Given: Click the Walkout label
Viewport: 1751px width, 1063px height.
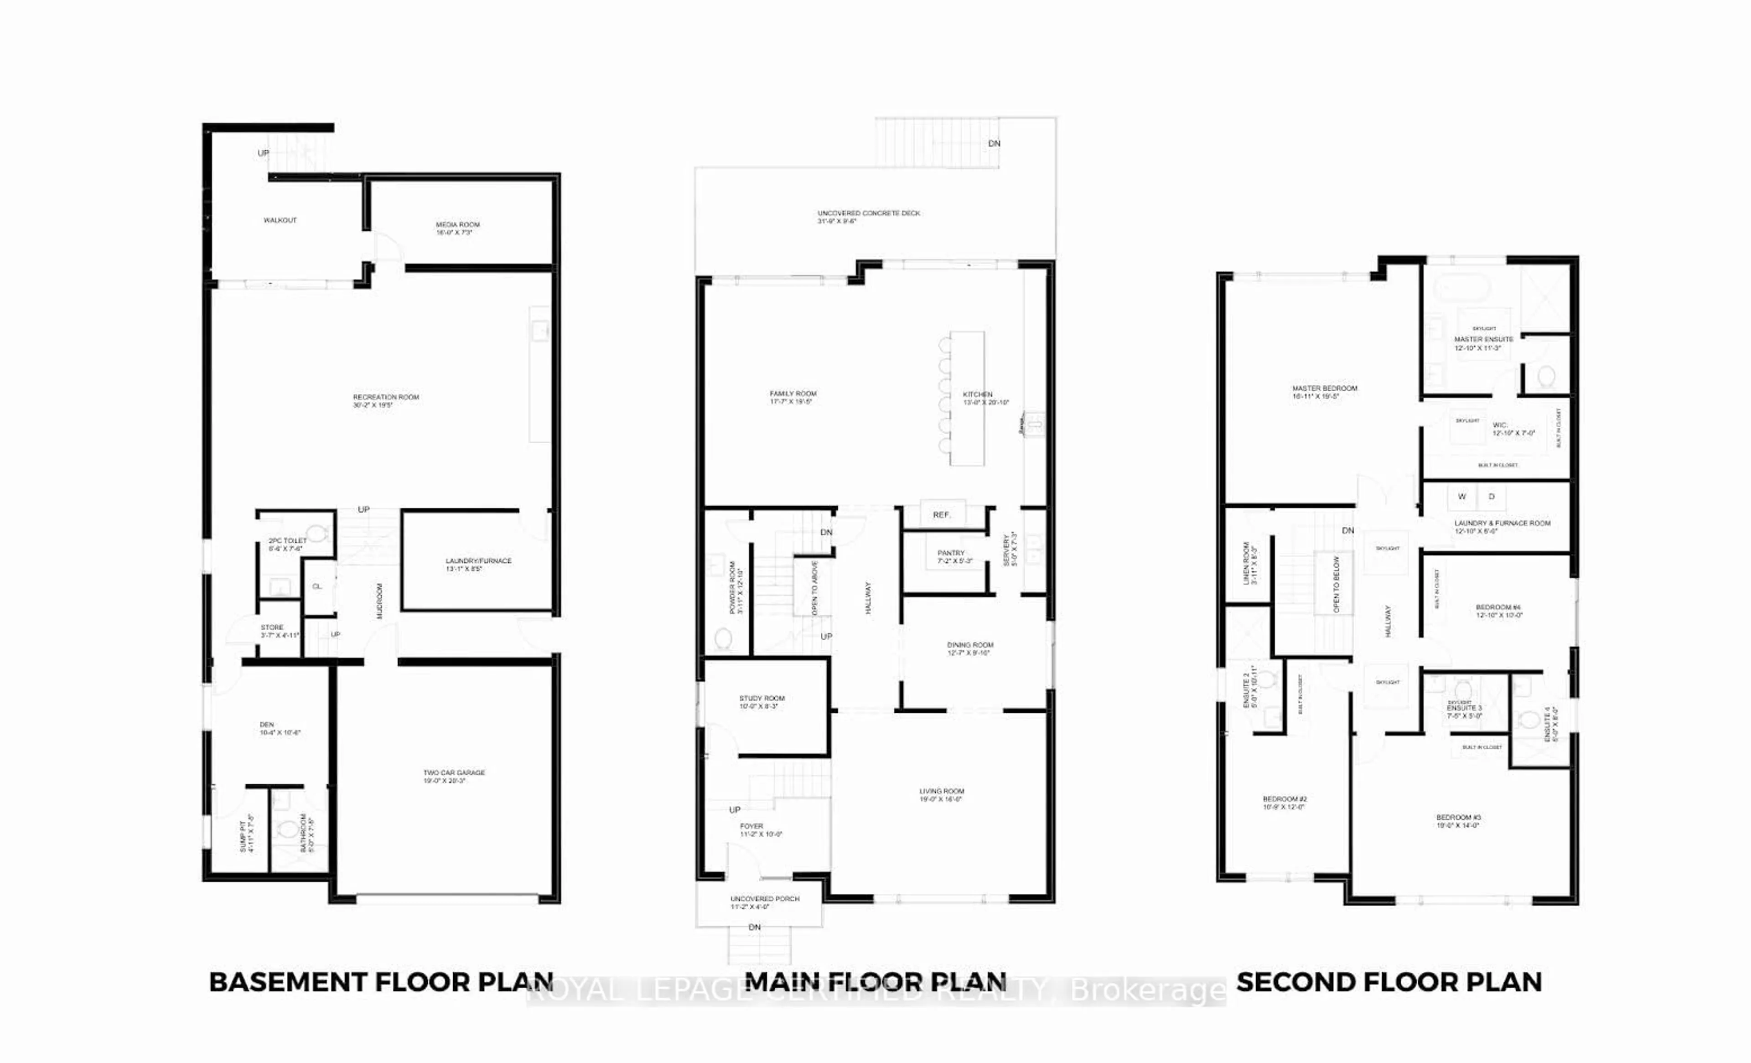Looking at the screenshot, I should [280, 220].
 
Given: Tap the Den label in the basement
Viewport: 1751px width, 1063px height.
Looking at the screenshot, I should [267, 725].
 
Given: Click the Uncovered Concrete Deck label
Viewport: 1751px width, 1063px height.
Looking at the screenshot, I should [868, 213].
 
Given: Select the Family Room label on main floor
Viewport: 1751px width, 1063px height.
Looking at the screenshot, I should [793, 394].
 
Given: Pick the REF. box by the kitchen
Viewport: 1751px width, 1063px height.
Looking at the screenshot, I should [942, 514].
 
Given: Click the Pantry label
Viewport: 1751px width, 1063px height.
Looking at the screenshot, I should [951, 553].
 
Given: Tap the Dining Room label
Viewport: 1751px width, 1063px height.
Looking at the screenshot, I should [970, 645].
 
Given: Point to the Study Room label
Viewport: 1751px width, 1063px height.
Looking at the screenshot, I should [762, 699].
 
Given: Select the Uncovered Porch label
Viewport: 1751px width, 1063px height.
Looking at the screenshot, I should [765, 899].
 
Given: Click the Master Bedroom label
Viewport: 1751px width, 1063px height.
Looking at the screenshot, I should [1325, 389].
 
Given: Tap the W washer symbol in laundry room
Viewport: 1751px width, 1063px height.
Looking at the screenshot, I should [1462, 497].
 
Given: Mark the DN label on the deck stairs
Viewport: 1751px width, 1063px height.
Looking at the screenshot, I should [994, 144].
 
